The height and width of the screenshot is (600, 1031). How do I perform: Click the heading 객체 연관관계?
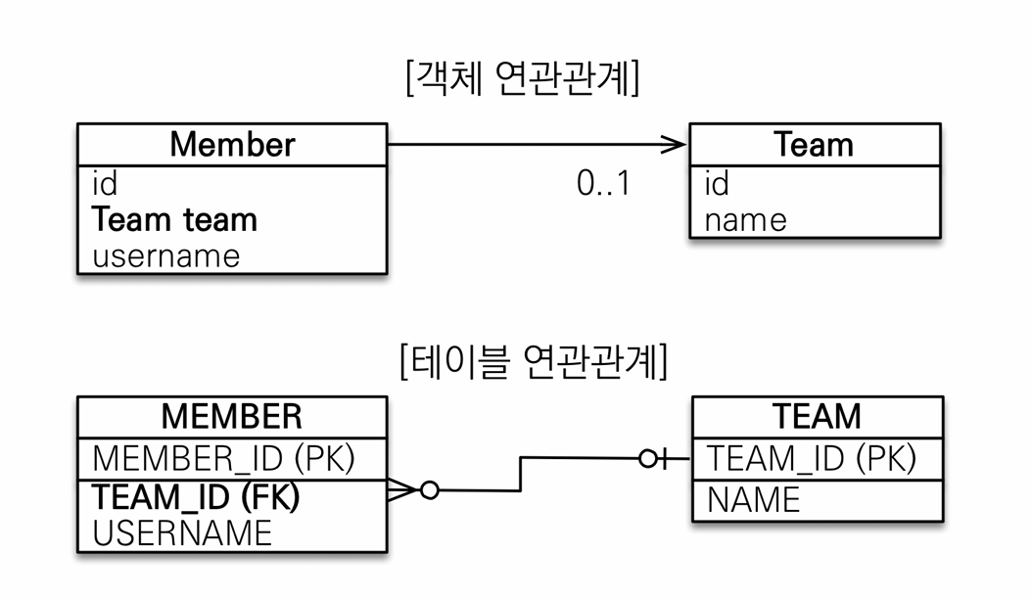(x=523, y=78)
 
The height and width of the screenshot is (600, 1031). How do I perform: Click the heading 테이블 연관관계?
(x=534, y=361)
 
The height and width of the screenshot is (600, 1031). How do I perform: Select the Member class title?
(x=232, y=144)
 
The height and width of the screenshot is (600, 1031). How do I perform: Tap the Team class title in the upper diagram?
(x=814, y=144)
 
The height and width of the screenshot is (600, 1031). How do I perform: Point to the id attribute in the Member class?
(x=105, y=183)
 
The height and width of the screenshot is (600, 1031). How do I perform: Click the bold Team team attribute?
(x=174, y=219)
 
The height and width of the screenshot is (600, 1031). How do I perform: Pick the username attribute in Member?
(x=166, y=256)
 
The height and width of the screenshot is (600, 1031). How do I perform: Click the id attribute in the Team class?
(x=717, y=183)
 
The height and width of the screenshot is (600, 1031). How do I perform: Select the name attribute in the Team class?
(x=746, y=220)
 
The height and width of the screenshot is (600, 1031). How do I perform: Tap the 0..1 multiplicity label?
(x=603, y=183)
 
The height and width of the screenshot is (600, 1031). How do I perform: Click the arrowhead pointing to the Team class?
(x=674, y=145)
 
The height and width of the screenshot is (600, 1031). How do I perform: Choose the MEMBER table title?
(x=231, y=416)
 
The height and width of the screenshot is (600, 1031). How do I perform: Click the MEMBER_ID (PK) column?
(x=223, y=458)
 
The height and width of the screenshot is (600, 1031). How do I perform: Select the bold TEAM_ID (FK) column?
(x=196, y=496)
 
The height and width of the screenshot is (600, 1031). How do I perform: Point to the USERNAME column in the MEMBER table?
(x=182, y=533)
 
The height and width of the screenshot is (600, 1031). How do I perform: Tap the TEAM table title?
(x=817, y=416)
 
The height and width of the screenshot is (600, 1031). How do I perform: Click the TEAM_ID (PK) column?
(x=812, y=458)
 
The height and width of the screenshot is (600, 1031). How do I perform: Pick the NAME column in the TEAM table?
(x=754, y=500)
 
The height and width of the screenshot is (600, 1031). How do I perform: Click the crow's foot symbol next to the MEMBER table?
(x=401, y=490)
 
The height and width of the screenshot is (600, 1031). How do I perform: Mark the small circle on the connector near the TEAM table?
(x=647, y=459)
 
